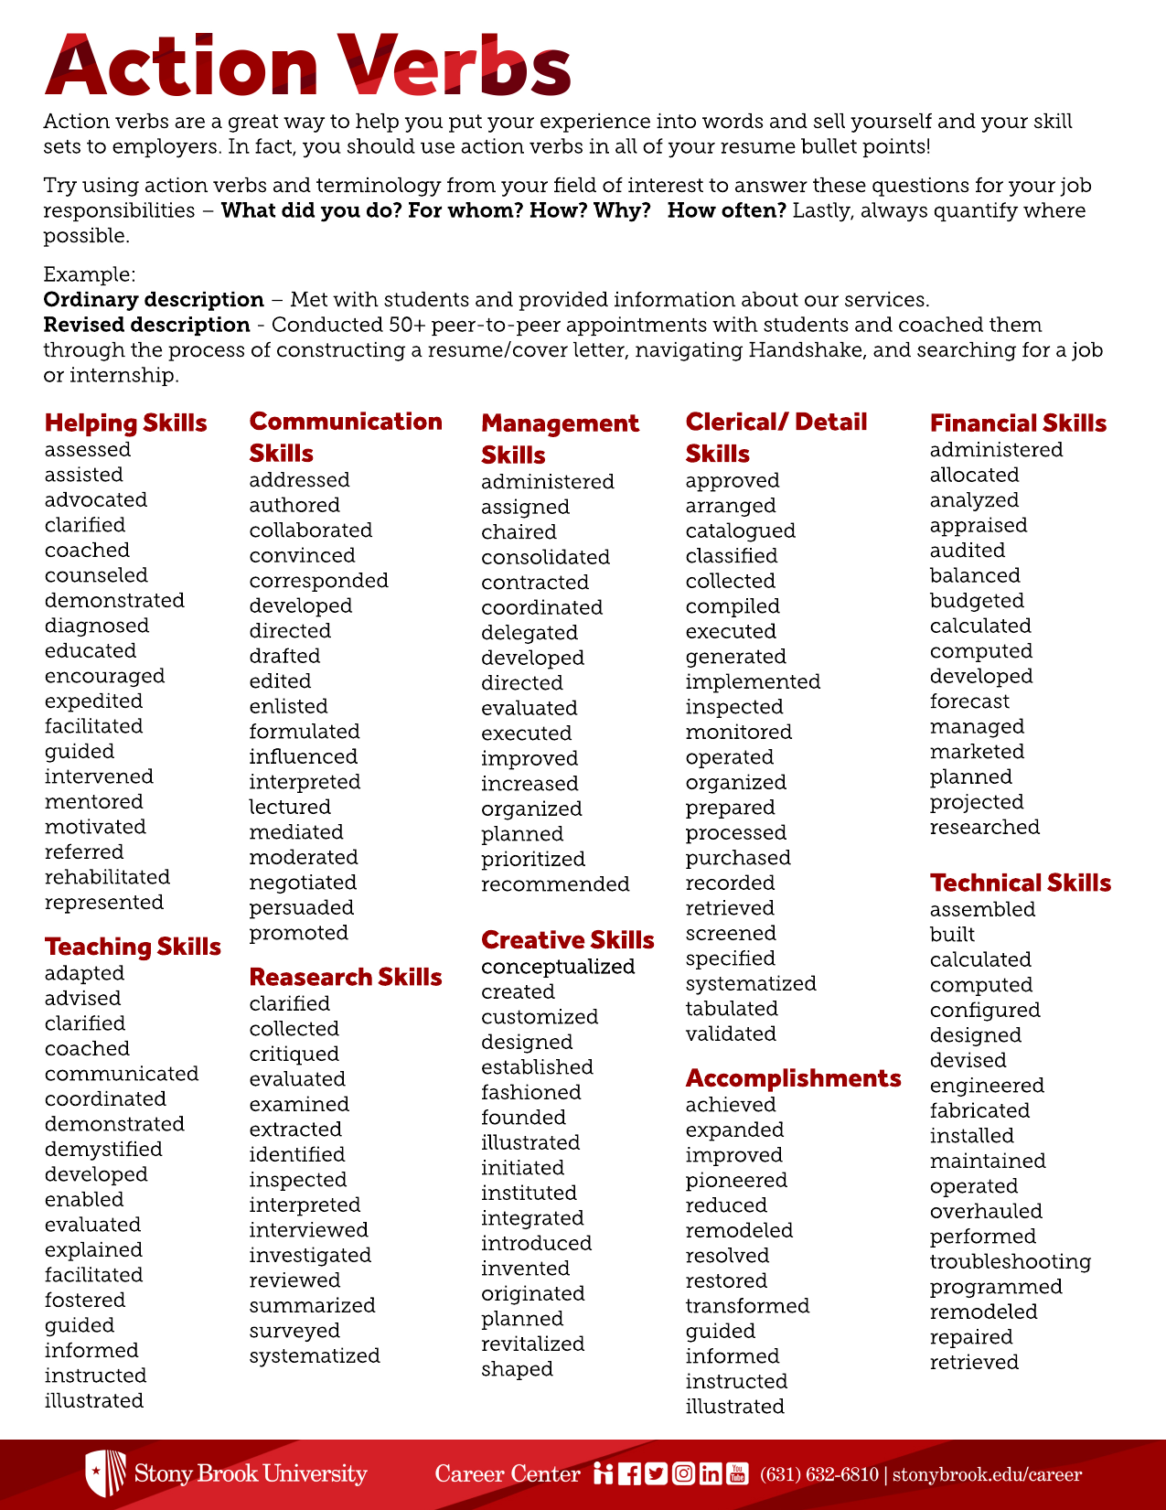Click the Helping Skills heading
point(125,423)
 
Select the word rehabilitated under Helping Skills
point(107,877)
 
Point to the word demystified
point(103,1150)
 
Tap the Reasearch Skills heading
point(345,978)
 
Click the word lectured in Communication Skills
point(290,808)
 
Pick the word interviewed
point(308,1230)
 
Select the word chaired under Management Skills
point(519,532)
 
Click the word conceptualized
point(558,967)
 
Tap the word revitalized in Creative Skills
point(532,1344)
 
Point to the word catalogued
point(740,531)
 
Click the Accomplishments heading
point(793,1078)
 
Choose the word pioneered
point(736,1181)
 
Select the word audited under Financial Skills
point(967,551)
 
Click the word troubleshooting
point(1010,1262)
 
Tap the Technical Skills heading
point(1020,883)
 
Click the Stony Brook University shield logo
point(105,1473)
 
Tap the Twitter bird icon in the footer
point(656,1473)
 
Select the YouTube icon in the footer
point(737,1473)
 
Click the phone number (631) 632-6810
point(818,1474)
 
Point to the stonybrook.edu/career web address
point(987,1474)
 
